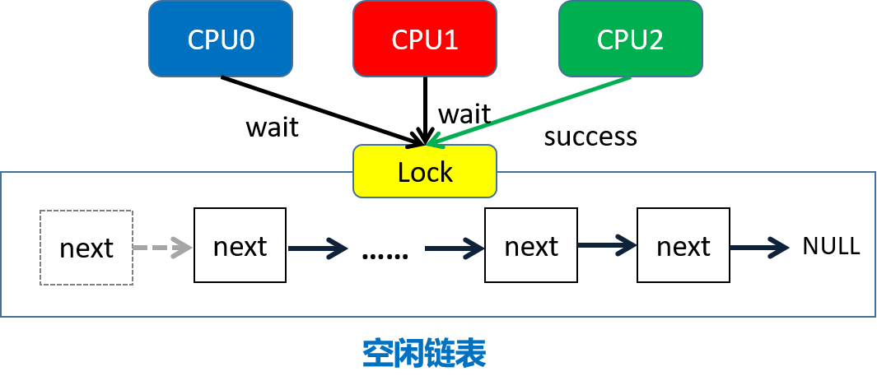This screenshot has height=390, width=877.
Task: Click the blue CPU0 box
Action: (x=221, y=39)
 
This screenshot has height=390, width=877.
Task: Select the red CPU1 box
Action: (x=425, y=39)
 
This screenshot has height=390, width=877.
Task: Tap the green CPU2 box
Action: (x=630, y=39)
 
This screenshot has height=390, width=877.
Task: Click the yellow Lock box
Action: (x=425, y=171)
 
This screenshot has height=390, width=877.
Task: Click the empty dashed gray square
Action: (x=86, y=248)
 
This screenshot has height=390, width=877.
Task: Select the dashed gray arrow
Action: (x=163, y=248)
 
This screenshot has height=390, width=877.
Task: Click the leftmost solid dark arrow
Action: (x=318, y=248)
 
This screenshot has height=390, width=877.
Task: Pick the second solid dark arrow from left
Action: (x=455, y=248)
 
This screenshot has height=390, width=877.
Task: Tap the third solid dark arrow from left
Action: (x=607, y=244)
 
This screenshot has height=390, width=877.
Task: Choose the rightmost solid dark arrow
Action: (x=759, y=247)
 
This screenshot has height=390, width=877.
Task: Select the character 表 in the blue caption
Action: (x=471, y=353)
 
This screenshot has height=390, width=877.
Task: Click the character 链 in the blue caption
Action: (x=441, y=353)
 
